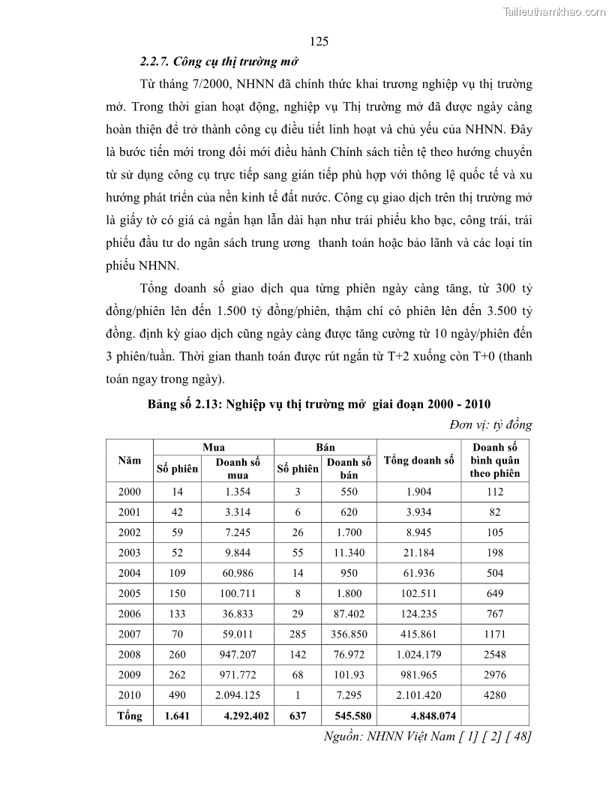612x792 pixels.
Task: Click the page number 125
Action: coord(318,41)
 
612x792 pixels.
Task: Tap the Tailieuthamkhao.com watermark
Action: coord(554,11)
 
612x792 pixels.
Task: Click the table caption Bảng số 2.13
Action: coord(319,403)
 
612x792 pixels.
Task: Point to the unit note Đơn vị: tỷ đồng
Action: coord(490,424)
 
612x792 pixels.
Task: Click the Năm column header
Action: coord(129,460)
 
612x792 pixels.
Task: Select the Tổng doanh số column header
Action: coord(418,460)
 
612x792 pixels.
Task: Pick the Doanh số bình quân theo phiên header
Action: coord(494,460)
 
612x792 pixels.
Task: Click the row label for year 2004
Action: coord(129,573)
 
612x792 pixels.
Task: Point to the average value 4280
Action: coord(494,694)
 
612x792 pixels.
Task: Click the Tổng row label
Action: coord(129,715)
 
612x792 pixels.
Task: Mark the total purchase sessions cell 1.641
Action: coord(177,715)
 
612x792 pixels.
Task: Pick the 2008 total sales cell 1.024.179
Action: coord(418,654)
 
